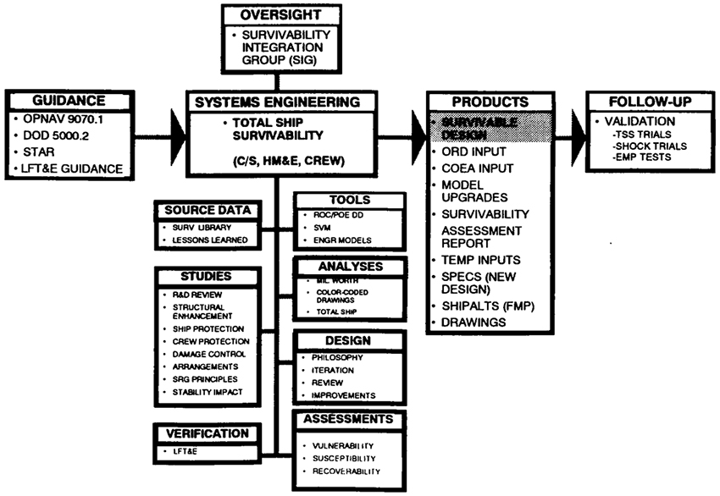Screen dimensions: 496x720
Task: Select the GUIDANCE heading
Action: pos(69,100)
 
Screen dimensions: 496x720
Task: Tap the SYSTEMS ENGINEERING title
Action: pos(278,102)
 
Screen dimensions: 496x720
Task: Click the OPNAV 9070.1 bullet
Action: pos(71,121)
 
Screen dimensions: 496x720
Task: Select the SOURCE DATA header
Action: pos(203,208)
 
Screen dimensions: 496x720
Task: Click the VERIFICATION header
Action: pos(203,433)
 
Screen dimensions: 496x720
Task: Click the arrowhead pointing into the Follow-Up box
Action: pos(577,127)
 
